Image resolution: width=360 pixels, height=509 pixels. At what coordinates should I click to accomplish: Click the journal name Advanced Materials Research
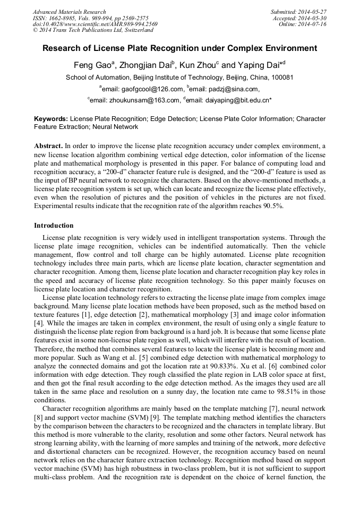click(69, 12)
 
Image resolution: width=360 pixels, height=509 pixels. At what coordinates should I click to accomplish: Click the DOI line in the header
click(95, 24)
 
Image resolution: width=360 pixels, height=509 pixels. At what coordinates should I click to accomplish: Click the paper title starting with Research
click(179, 48)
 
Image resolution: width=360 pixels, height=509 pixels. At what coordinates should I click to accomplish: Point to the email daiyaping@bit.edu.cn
click(229, 99)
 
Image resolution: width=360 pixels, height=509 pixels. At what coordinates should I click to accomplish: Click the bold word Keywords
click(50, 119)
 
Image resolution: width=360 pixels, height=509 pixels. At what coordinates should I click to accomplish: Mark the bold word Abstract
click(49, 145)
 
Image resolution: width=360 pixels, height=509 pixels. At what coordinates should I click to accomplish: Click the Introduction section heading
click(55, 226)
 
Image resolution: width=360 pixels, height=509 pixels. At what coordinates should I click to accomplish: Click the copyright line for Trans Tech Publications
click(93, 30)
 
